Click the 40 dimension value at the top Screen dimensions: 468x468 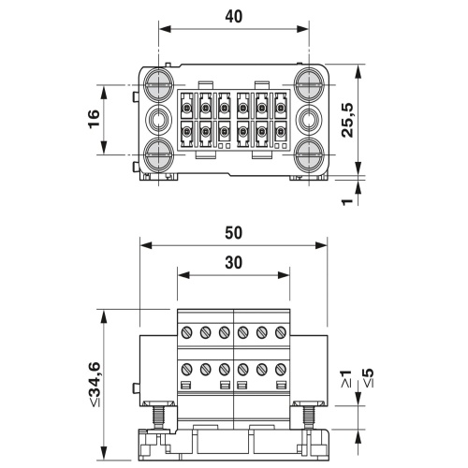coord(234,17)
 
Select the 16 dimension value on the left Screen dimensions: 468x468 coord(94,119)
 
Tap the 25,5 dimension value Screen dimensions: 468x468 coord(347,120)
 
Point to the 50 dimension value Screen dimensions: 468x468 coord(234,233)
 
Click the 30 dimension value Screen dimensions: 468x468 coord(234,263)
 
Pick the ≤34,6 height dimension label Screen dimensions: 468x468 coord(95,384)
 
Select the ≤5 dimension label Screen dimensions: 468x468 coord(369,378)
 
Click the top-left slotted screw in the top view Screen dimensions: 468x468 coord(159,84)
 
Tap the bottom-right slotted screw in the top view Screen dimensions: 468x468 coord(309,154)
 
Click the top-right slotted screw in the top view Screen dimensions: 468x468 coord(309,84)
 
